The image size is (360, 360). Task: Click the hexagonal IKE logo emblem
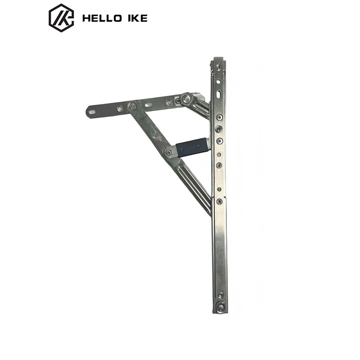[x=61, y=18]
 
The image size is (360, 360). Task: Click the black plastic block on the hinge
[x=192, y=147]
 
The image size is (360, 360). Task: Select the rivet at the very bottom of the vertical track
[x=220, y=306]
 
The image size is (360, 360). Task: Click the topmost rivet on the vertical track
[x=218, y=67]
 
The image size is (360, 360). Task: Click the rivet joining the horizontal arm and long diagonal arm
[x=132, y=106]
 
